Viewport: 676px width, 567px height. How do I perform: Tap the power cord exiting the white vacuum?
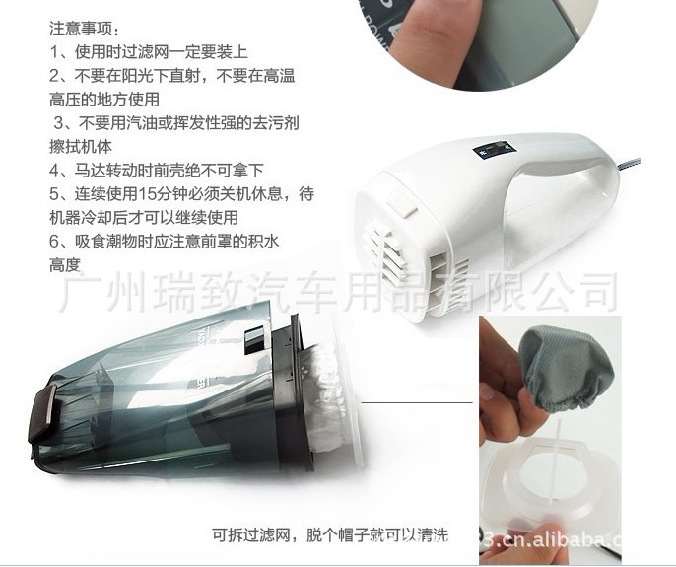coord(631,166)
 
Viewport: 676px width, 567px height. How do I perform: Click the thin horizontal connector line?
coord(417,402)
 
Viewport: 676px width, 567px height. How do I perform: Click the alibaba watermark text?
coord(551,540)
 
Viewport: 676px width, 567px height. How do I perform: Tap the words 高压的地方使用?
coord(104,100)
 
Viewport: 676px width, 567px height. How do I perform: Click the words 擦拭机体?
coord(81,147)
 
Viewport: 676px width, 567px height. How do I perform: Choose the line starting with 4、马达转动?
coord(157,170)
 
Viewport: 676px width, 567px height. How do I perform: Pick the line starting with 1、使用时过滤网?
coord(149,52)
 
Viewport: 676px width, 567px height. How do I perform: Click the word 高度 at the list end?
coord(65,264)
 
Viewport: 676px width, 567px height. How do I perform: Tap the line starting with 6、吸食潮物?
coord(165,241)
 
